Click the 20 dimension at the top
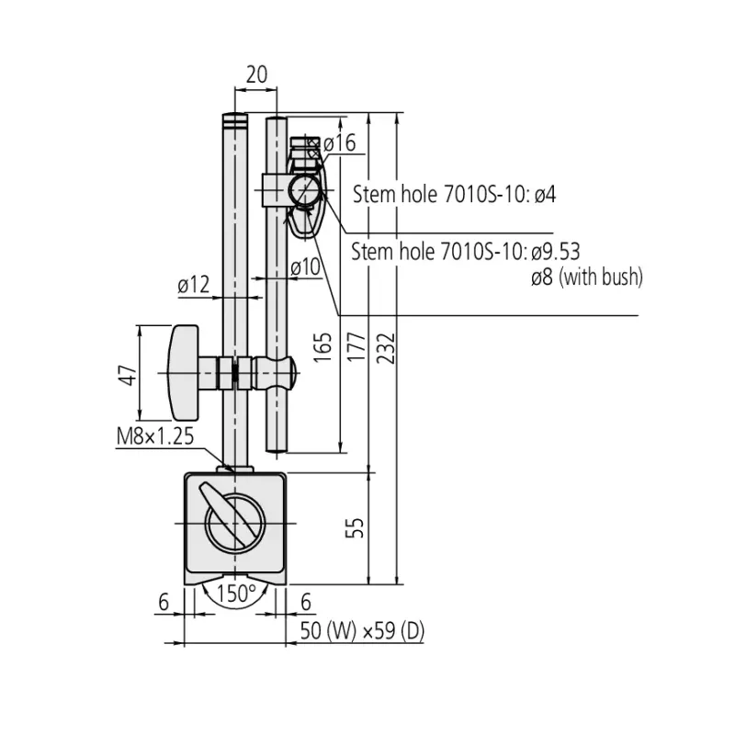(x=256, y=74)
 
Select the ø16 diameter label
(x=339, y=143)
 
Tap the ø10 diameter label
(x=305, y=267)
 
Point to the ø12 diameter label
(x=194, y=285)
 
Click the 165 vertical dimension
(x=322, y=347)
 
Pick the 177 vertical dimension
(x=356, y=347)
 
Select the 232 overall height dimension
(x=387, y=348)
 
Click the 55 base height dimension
(x=355, y=527)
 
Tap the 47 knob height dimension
(x=128, y=375)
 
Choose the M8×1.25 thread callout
(x=155, y=436)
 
